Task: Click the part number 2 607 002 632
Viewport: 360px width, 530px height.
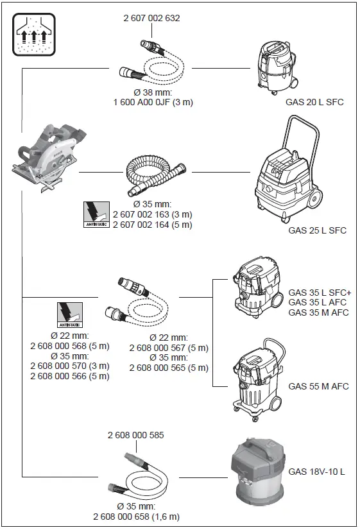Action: pyautogui.click(x=151, y=18)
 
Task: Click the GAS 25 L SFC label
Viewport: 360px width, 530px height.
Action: pyautogui.click(x=317, y=230)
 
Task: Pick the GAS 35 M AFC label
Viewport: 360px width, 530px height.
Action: pyautogui.click(x=318, y=312)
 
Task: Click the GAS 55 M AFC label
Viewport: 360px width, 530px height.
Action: pyautogui.click(x=318, y=386)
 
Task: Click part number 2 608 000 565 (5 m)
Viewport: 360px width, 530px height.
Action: pyautogui.click(x=168, y=367)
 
